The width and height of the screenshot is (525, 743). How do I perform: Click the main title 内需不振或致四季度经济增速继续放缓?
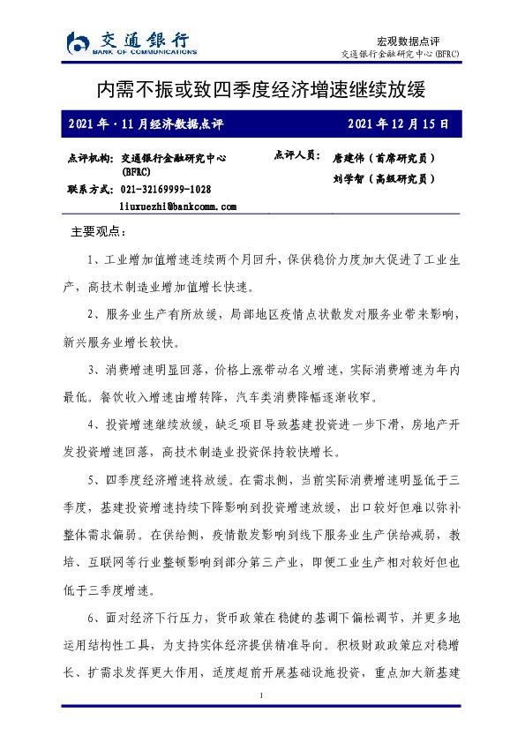(262, 90)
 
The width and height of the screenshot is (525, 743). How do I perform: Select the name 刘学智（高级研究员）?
(384, 178)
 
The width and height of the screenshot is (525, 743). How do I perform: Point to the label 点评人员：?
(296, 154)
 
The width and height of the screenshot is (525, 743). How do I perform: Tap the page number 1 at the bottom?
(262, 697)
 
